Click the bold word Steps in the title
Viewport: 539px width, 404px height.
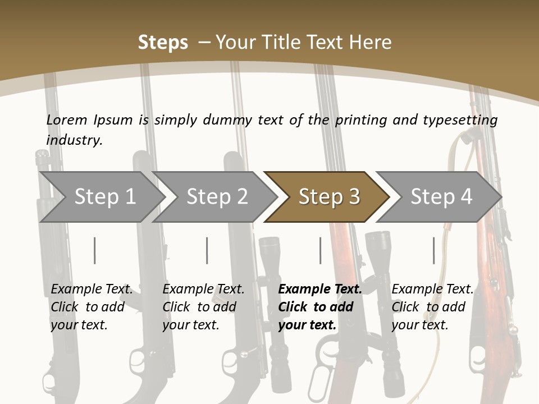coord(163,43)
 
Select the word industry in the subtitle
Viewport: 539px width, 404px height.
coord(74,140)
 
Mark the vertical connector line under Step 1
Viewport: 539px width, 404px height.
coord(95,250)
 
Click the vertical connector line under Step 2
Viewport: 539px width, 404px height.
coord(207,250)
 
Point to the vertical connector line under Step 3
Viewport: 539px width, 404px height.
coord(320,250)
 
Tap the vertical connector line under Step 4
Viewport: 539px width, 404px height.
coord(433,250)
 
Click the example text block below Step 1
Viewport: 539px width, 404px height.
coord(91,307)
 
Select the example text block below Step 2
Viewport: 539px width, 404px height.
coord(203,307)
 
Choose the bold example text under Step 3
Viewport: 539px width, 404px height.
coord(319,307)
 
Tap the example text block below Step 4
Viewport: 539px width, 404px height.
coord(432,307)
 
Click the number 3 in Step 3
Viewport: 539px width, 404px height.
coord(354,197)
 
